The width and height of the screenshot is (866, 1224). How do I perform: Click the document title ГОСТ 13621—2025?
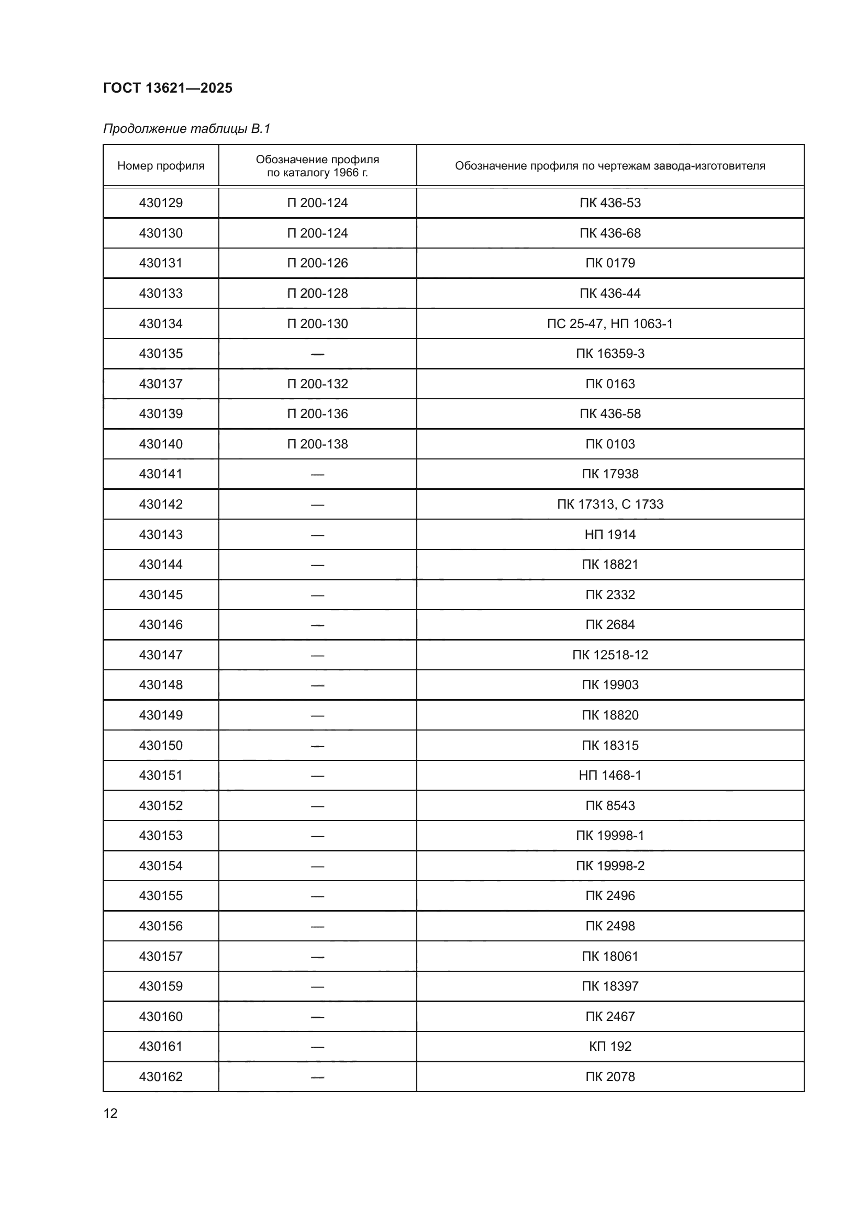tap(168, 88)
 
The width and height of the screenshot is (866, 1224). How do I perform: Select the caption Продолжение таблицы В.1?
tap(186, 129)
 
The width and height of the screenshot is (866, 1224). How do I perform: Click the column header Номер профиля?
tap(161, 166)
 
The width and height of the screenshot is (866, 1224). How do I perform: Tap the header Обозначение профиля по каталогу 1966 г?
tap(317, 166)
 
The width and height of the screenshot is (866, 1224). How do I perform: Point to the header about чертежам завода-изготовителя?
tap(609, 166)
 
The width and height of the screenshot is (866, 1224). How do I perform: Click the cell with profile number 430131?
tap(161, 263)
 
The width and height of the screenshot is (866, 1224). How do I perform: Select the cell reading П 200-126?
tap(317, 263)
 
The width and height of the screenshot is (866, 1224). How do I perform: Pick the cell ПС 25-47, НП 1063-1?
tap(609, 323)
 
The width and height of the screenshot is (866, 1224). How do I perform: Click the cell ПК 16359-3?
tap(609, 353)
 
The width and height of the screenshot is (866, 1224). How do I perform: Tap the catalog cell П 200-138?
tap(317, 444)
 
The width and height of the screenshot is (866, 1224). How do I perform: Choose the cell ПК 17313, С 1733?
tap(609, 504)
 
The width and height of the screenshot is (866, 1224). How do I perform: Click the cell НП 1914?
tap(609, 534)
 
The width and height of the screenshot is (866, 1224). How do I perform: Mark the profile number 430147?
tap(161, 655)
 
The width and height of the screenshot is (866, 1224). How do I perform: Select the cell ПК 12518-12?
tap(609, 655)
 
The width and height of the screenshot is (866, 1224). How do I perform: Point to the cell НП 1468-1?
tap(609, 775)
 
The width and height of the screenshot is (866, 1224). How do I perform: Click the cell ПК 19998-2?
tap(609, 866)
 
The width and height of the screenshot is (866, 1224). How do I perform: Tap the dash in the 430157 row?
tap(317, 957)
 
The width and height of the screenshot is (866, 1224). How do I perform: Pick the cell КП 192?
tap(609, 1047)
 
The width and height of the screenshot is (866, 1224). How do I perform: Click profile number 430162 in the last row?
tap(161, 1077)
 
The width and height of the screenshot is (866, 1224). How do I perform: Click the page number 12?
tap(110, 1113)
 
